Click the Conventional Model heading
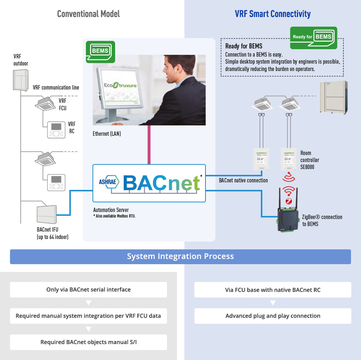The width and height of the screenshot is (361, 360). coord(88,14)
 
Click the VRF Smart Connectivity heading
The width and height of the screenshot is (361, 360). coord(273,14)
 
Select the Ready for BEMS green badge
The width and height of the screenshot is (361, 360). coord(313,37)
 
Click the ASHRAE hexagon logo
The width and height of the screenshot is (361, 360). coord(108,181)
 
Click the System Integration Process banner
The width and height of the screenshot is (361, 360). coord(180,256)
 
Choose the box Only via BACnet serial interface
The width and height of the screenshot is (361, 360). coord(88,289)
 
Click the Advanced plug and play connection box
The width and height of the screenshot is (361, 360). coord(273,316)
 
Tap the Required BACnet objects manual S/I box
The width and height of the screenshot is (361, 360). coord(88,342)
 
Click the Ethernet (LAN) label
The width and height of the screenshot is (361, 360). coord(107,134)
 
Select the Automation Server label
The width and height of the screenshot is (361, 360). coord(111,210)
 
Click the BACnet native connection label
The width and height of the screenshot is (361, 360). coord(243,181)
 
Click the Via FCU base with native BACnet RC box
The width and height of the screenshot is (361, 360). coord(273,289)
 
